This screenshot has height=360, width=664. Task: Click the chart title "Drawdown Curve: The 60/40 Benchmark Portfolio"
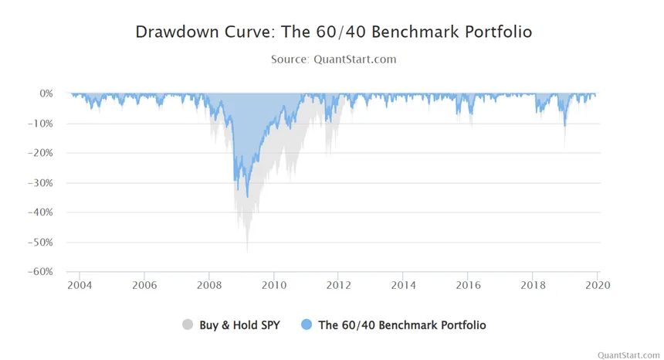[334, 32]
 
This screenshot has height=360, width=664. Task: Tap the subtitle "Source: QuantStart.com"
[334, 59]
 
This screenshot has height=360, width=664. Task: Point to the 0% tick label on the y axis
[46, 93]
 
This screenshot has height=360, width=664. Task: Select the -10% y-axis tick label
[41, 124]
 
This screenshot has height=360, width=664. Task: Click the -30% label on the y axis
[41, 183]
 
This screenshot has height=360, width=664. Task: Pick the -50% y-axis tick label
[41, 243]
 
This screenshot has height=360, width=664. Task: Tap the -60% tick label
[41, 271]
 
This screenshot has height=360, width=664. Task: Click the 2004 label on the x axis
[80, 285]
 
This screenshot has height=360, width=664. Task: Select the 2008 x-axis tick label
[209, 285]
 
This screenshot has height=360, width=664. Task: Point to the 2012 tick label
[338, 285]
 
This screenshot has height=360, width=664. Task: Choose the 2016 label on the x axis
[468, 285]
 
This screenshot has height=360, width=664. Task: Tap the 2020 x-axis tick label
[598, 285]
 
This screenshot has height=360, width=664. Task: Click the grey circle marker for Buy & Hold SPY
[188, 324]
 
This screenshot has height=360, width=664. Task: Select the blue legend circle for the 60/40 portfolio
[307, 324]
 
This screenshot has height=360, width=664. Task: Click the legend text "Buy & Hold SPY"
[239, 325]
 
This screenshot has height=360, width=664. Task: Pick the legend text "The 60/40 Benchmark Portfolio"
[402, 325]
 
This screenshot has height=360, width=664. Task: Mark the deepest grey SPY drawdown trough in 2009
[247, 252]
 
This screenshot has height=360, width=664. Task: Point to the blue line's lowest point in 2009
[248, 196]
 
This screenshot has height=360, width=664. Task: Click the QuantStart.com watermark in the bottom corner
[628, 355]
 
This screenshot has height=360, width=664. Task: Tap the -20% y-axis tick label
[41, 153]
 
